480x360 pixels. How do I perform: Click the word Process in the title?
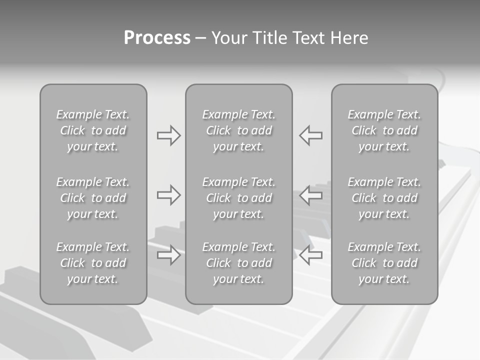click(157, 38)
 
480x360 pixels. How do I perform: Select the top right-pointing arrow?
click(168, 135)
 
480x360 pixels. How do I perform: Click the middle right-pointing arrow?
click(168, 195)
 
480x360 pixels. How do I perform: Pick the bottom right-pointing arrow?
click(168, 255)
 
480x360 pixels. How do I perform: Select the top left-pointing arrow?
click(310, 135)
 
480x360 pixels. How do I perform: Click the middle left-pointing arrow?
click(310, 195)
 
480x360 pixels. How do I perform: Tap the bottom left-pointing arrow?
click(310, 255)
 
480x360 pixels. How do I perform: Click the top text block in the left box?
click(93, 130)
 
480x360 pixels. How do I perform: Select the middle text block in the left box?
click(93, 198)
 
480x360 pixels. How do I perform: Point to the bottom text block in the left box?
click(93, 263)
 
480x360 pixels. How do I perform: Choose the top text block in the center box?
click(238, 130)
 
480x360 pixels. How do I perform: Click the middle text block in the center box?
click(238, 198)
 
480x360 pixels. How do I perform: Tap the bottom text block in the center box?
click(238, 263)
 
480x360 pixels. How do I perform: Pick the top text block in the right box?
click(384, 130)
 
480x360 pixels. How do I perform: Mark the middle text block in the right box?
click(384, 198)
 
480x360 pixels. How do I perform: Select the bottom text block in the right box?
click(384, 263)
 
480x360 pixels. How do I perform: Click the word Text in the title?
click(308, 38)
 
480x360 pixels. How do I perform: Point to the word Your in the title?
click(228, 38)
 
